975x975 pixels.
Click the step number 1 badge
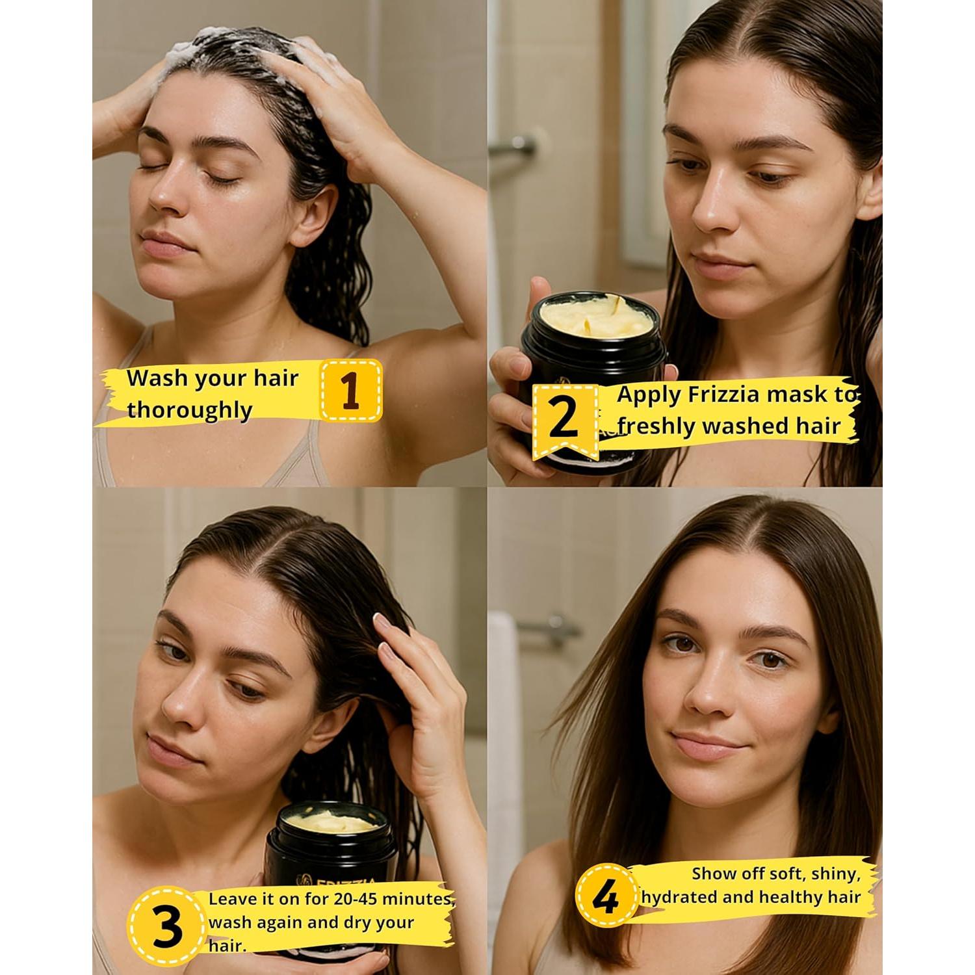[351, 391]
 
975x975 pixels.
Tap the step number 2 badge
[564, 418]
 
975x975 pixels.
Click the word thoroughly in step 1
[190, 411]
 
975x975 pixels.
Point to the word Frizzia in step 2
[730, 394]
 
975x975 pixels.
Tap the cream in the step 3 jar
[331, 821]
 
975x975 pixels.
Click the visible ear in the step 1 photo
[322, 214]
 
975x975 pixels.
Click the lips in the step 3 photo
[166, 749]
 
